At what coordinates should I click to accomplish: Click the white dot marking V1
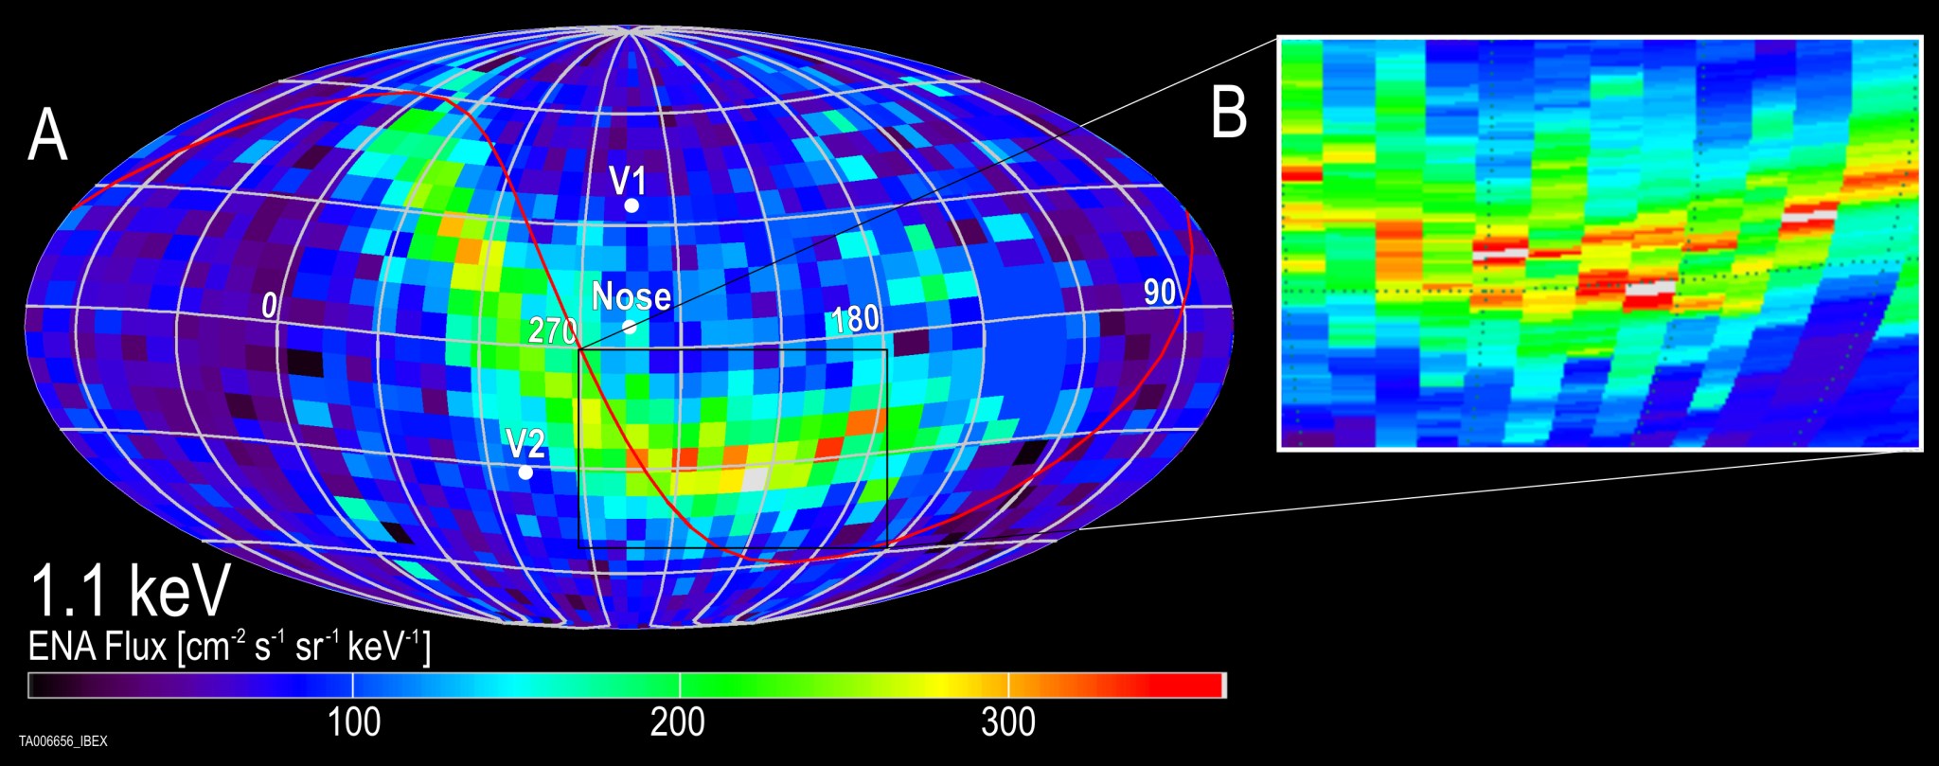(x=632, y=205)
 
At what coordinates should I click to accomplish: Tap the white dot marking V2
(x=525, y=472)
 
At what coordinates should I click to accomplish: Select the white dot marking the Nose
(x=630, y=328)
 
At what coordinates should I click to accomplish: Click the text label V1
(x=628, y=180)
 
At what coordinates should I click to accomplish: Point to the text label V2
(x=525, y=443)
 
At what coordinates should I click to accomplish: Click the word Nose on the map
(x=632, y=297)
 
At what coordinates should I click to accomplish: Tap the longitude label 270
(x=553, y=331)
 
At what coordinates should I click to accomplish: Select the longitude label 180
(x=855, y=320)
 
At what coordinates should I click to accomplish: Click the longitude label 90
(x=1160, y=293)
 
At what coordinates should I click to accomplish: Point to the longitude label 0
(x=270, y=306)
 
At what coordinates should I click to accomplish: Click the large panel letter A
(x=47, y=135)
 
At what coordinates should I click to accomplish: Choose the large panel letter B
(x=1229, y=114)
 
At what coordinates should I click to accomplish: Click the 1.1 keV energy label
(x=131, y=591)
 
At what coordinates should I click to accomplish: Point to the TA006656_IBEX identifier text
(x=63, y=741)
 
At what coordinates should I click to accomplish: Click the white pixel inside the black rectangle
(x=755, y=479)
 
